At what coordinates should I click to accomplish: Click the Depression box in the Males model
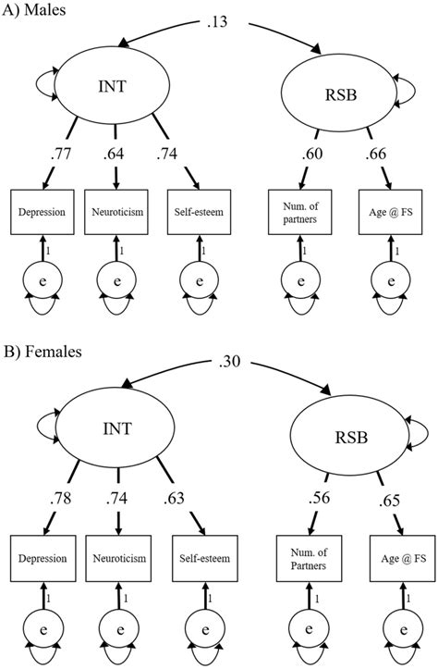[41, 212]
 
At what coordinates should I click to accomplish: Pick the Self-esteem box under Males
[196, 212]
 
